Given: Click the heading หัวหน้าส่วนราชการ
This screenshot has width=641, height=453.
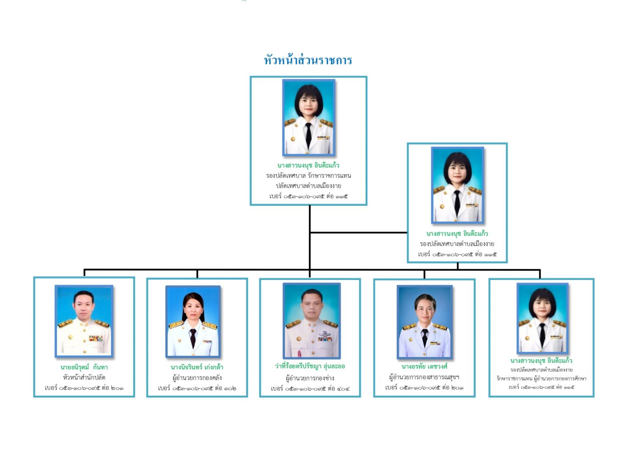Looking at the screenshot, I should pyautogui.click(x=308, y=60).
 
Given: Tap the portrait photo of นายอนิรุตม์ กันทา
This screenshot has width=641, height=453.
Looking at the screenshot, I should pyautogui.click(x=84, y=321).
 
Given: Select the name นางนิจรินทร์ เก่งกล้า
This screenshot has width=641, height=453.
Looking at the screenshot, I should pyautogui.click(x=197, y=367).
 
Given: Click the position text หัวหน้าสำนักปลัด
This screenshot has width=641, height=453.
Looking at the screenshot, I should pyautogui.click(x=84, y=377).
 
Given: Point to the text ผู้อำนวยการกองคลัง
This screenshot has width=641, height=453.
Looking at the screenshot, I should pyautogui.click(x=197, y=378).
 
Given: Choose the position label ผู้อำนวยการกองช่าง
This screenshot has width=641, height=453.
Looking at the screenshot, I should pyautogui.click(x=310, y=378).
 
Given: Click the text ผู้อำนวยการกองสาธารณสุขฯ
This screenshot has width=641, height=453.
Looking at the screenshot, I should pyautogui.click(x=424, y=377).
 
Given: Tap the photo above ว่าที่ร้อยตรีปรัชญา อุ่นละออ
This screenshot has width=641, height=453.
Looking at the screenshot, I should pyautogui.click(x=311, y=320).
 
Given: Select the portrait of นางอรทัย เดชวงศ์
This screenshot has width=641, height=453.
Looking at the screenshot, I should pyautogui.click(x=424, y=322).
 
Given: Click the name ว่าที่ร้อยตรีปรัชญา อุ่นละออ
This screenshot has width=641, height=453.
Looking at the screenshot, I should pyautogui.click(x=310, y=366).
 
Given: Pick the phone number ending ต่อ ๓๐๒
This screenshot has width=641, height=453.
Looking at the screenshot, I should pyautogui.click(x=197, y=388).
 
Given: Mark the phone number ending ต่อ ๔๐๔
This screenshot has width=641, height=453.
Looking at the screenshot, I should pyautogui.click(x=310, y=389).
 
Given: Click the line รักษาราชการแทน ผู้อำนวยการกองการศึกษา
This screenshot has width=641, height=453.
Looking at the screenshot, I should pyautogui.click(x=541, y=379).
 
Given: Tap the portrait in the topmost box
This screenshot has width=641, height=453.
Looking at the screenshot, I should pyautogui.click(x=308, y=117).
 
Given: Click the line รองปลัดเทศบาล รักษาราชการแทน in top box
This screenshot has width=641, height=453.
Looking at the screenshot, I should pyautogui.click(x=308, y=175).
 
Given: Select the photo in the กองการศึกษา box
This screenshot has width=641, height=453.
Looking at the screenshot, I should pyautogui.click(x=542, y=318).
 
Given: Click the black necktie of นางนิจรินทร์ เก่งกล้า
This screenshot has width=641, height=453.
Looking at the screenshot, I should pyautogui.click(x=193, y=337).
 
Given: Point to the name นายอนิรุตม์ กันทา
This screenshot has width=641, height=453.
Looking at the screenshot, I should pyautogui.click(x=84, y=367).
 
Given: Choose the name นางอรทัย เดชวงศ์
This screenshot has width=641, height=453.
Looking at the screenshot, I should pyautogui.click(x=424, y=366).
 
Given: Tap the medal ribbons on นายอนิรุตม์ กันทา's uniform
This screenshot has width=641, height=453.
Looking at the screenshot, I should pyautogui.click(x=96, y=338).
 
